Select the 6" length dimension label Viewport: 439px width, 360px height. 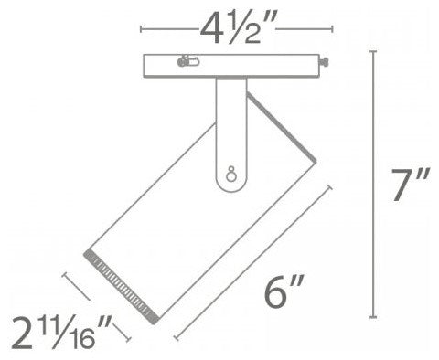284,291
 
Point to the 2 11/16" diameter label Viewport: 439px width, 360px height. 62,333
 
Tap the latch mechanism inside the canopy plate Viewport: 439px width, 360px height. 188,61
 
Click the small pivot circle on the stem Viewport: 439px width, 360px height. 230,175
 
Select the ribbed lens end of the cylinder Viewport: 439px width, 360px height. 122,287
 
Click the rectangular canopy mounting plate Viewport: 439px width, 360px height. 231,66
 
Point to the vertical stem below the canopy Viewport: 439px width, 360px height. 231,134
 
